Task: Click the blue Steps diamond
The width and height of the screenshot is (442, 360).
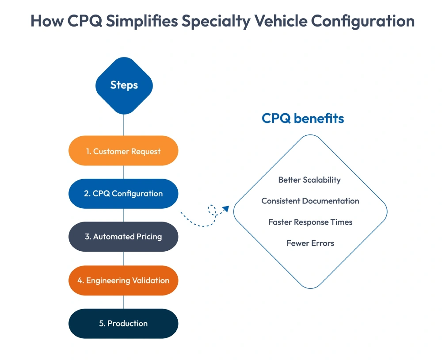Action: point(124,85)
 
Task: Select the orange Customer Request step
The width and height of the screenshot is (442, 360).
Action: point(123,151)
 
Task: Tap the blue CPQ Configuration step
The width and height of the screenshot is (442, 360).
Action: point(123,194)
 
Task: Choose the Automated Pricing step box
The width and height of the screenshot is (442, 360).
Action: point(123,237)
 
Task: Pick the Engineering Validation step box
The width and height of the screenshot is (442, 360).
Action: point(123,280)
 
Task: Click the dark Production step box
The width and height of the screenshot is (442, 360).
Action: point(123,323)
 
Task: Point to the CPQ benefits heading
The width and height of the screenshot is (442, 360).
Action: point(303,119)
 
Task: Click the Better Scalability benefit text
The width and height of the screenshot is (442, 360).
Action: point(309,180)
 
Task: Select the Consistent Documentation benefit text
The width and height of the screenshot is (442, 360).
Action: point(310,201)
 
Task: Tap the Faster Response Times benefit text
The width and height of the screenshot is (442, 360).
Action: point(310,222)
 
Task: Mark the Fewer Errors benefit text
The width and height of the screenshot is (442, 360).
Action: point(310,243)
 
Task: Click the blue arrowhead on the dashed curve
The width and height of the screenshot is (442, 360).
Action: point(225,209)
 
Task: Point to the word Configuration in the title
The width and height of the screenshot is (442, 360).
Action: point(365,21)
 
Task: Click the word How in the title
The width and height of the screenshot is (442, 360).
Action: point(46,21)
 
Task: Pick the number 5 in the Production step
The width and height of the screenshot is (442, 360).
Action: point(101,324)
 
